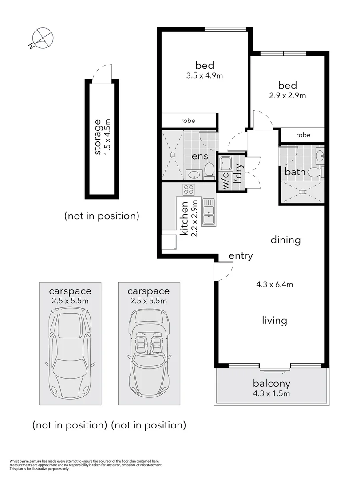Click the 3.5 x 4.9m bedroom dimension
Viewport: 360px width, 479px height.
pos(205,75)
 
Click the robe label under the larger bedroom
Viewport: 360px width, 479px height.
pos(188,121)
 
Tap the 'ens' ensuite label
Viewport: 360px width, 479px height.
pos(200,156)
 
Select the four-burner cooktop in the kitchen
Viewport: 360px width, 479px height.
pos(188,189)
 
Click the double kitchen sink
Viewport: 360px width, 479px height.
pos(208,212)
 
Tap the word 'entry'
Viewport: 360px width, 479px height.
pos(241,255)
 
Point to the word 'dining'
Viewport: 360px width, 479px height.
pos(286,240)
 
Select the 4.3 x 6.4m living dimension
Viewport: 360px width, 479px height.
pos(274,285)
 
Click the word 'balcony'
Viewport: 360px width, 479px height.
pos(272,384)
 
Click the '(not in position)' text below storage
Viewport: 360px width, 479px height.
pos(102,216)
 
